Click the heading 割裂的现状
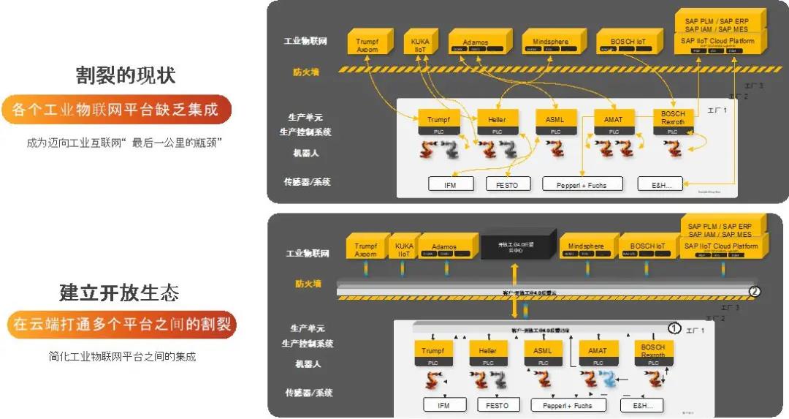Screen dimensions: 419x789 [126, 75]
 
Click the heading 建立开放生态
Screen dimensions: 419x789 [119, 293]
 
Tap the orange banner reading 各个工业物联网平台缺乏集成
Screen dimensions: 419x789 [116, 110]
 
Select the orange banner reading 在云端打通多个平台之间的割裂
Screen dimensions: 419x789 [122, 324]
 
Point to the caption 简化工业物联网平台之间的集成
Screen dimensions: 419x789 [122, 357]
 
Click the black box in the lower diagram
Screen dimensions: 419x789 [516, 246]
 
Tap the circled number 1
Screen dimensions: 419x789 [675, 328]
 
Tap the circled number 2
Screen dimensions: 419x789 [755, 292]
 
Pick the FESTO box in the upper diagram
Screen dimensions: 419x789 [506, 184]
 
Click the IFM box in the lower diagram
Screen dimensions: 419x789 [443, 404]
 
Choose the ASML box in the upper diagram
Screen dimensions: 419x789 [555, 119]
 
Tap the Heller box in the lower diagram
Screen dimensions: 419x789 [488, 351]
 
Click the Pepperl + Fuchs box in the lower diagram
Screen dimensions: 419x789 [573, 404]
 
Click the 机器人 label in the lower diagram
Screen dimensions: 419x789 [308, 363]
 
